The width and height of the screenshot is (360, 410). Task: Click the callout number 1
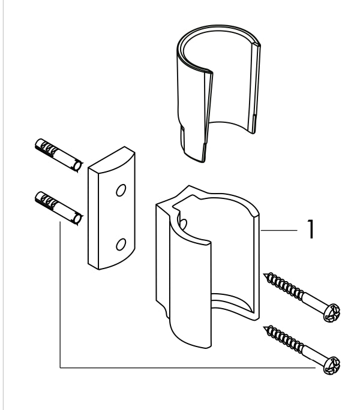(310, 229)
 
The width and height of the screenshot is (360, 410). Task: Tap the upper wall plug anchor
(59, 155)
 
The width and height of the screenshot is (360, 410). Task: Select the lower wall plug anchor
(59, 209)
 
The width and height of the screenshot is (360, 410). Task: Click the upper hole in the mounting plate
(121, 190)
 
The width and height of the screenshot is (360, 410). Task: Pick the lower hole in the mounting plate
(121, 244)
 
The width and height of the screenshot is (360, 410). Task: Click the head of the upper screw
(332, 312)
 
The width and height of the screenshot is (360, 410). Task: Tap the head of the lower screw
(332, 365)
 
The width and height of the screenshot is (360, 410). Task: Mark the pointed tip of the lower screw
(264, 327)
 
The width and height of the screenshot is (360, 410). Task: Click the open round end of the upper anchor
(78, 166)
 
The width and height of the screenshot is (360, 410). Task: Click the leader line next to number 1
(279, 230)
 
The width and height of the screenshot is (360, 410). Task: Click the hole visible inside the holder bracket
(183, 224)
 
